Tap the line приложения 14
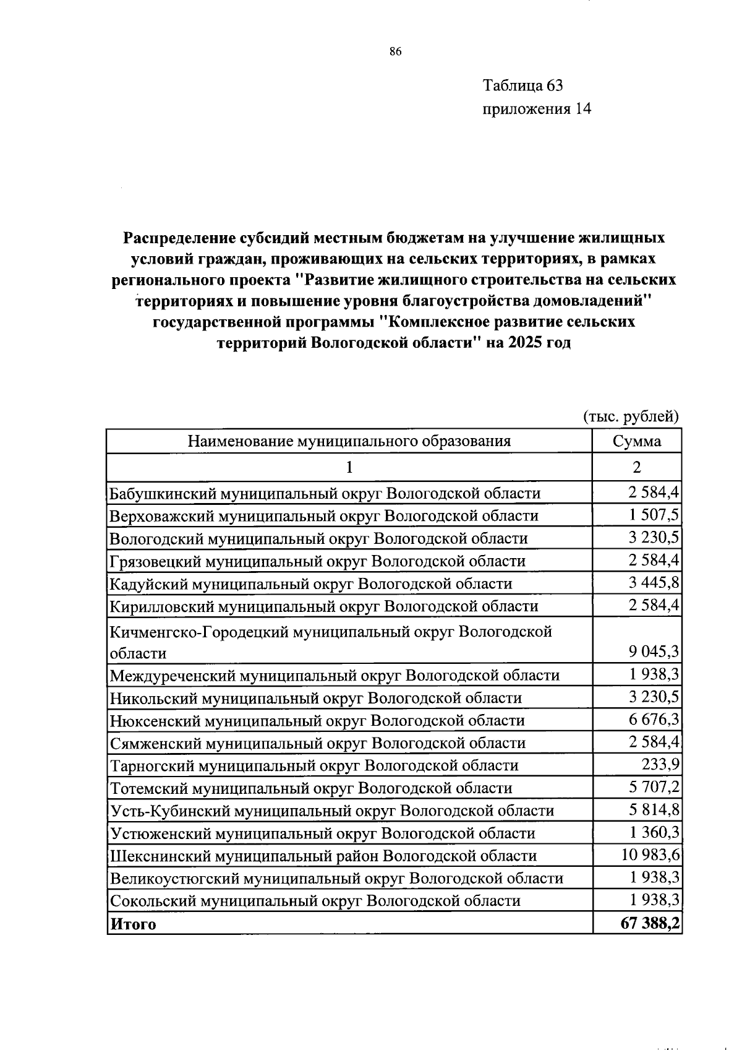pos(536,109)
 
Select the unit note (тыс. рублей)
pos(631,416)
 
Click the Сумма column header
pos(636,441)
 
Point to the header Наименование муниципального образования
pos(349,441)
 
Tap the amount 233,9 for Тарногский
pos(660,764)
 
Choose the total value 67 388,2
pos(649,923)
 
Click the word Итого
pos(133,924)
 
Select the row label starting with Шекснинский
pos(323,856)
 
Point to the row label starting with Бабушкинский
pos(325,493)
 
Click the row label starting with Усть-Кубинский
pos(331,811)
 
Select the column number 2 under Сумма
pos(636,467)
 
